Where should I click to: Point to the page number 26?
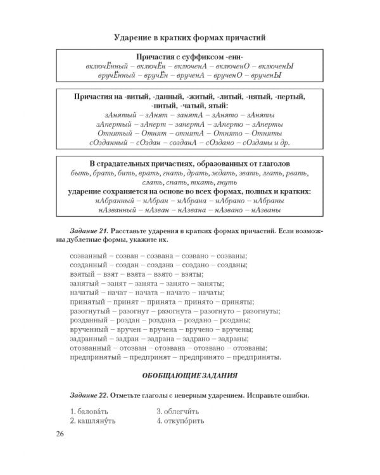(x=60, y=433)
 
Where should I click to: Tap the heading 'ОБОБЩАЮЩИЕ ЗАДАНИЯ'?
(x=190, y=374)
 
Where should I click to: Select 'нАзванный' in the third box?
(x=109, y=210)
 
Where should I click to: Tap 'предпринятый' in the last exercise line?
(x=92, y=357)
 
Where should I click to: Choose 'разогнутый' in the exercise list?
(x=89, y=312)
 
